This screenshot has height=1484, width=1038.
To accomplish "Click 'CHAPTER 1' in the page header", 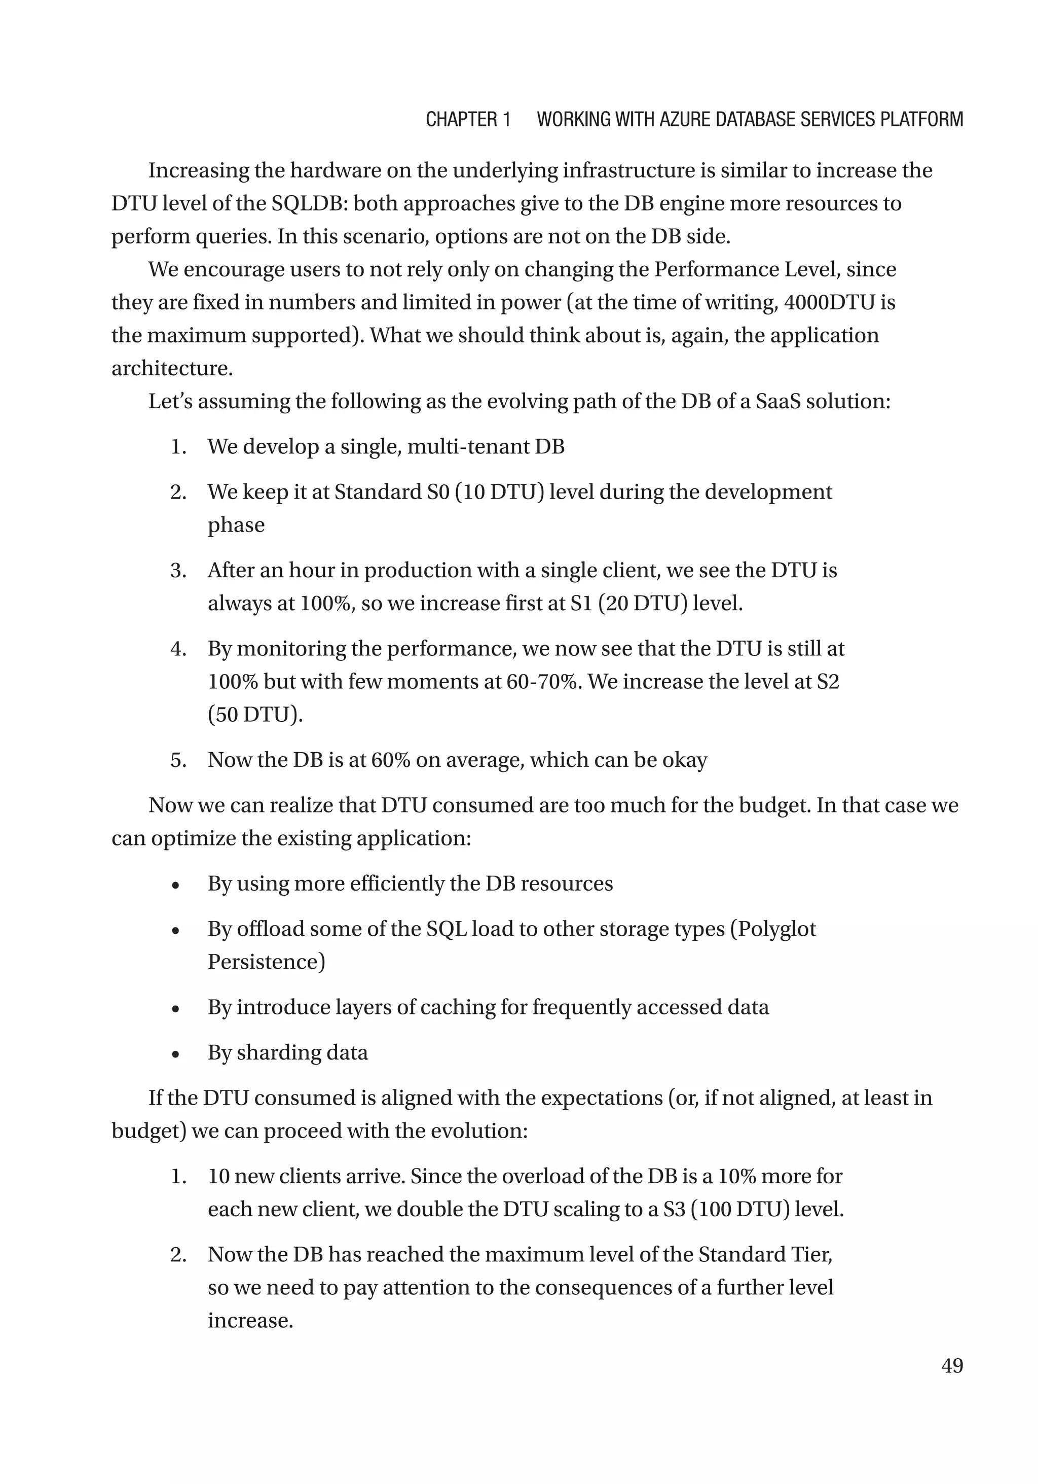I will click(468, 120).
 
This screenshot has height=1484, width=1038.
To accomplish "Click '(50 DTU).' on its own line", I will click(255, 714).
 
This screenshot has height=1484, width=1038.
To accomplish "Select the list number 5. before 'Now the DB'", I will click(178, 760).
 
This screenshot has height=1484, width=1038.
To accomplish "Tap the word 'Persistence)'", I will click(266, 962).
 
